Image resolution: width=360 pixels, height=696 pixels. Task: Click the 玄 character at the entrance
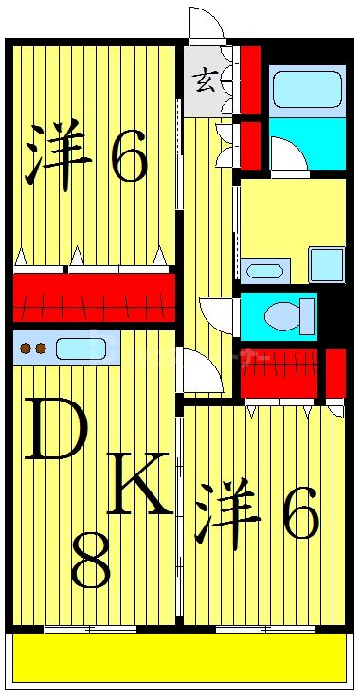tap(204, 81)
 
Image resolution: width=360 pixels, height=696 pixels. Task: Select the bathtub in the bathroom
tap(306, 89)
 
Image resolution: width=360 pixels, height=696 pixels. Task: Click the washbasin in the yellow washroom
tap(263, 271)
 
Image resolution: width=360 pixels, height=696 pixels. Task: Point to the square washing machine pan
tap(326, 264)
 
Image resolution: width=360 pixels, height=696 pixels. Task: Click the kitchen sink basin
tap(80, 348)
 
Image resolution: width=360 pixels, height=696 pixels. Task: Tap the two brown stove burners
tap(32, 348)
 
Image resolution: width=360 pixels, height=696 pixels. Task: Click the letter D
tap(54, 429)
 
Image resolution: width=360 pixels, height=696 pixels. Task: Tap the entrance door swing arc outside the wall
tap(204, 24)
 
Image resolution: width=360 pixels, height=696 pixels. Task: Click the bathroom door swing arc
tap(288, 154)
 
